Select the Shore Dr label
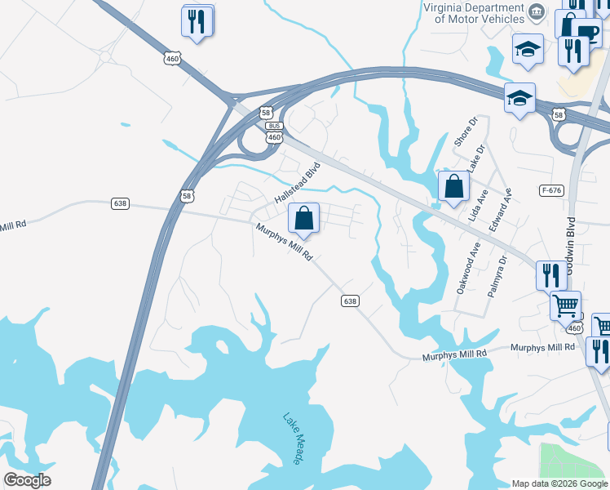pyautogui.click(x=464, y=131)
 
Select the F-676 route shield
pyautogui.click(x=550, y=190)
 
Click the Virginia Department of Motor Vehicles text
pyautogui.click(x=474, y=13)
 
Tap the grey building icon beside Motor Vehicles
pyautogui.click(x=537, y=11)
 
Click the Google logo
pyautogui.click(x=27, y=480)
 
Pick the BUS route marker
pyautogui.click(x=275, y=126)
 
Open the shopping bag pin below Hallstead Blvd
pyautogui.click(x=303, y=219)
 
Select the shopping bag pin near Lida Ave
pyautogui.click(x=453, y=187)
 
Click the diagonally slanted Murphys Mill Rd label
pyautogui.click(x=285, y=243)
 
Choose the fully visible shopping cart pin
pyautogui.click(x=565, y=306)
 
